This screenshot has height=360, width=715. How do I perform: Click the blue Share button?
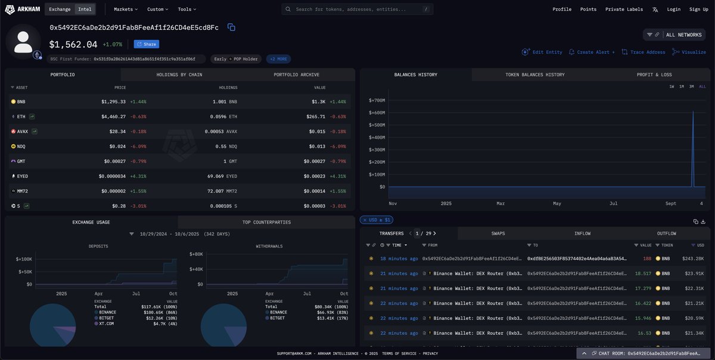pyautogui.click(x=147, y=44)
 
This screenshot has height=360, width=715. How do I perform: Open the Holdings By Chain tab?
pyautogui.click(x=179, y=75)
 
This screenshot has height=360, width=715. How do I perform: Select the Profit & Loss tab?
pyautogui.click(x=654, y=75)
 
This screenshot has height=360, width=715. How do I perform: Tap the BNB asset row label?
pyautogui.click(x=21, y=102)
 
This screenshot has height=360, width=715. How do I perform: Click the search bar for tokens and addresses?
pyautogui.click(x=357, y=10)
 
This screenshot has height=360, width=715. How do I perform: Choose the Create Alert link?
pyautogui.click(x=592, y=52)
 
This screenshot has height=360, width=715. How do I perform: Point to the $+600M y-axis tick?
pyautogui.click(x=376, y=113)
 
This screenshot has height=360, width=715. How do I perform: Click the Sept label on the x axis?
pyautogui.click(x=671, y=203)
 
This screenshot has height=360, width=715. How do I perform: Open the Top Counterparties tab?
pyautogui.click(x=266, y=222)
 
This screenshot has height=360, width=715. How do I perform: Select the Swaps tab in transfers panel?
pyautogui.click(x=498, y=234)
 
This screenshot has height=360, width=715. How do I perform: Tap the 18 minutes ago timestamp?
pyautogui.click(x=399, y=259)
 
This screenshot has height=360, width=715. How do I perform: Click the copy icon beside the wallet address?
pyautogui.click(x=231, y=27)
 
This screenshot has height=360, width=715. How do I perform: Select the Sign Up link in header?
pyautogui.click(x=698, y=10)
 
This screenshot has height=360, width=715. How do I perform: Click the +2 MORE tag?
pyautogui.click(x=279, y=59)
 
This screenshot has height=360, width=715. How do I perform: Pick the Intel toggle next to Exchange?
pyautogui.click(x=84, y=10)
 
